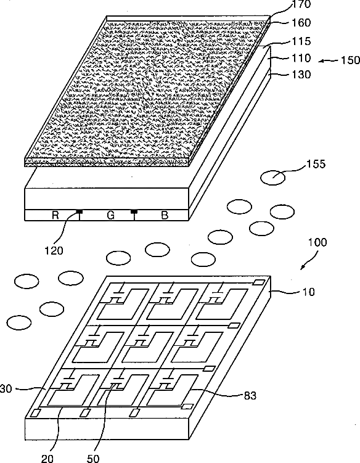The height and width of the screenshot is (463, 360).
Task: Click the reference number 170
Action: click(301, 4)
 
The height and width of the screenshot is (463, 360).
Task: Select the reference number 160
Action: click(301, 23)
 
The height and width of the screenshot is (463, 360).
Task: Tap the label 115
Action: click(301, 41)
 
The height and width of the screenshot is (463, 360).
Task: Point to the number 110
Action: click(301, 58)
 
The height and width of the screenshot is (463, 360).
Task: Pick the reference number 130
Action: click(301, 75)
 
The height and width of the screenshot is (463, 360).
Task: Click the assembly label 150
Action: click(351, 60)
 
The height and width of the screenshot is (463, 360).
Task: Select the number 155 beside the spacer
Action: click(316, 164)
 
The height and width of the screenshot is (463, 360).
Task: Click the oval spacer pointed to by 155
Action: click(273, 178)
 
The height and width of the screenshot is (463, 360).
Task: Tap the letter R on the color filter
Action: click(55, 215)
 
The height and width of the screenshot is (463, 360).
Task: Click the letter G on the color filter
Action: click(110, 215)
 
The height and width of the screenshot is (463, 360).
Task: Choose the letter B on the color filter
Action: click(165, 215)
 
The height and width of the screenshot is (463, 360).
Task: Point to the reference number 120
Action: click(54, 251)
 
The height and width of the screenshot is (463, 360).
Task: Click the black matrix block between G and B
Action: click(134, 211)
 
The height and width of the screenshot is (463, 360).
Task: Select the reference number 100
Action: click(317, 242)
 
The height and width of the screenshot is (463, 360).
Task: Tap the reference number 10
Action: click(309, 292)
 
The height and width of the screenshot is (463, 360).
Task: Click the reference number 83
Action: click(250, 395)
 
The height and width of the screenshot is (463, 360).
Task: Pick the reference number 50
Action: click(93, 458)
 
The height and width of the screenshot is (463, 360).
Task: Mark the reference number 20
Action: click(47, 458)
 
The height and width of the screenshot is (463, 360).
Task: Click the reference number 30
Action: click(6, 389)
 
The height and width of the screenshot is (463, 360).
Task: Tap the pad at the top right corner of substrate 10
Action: click(258, 282)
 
